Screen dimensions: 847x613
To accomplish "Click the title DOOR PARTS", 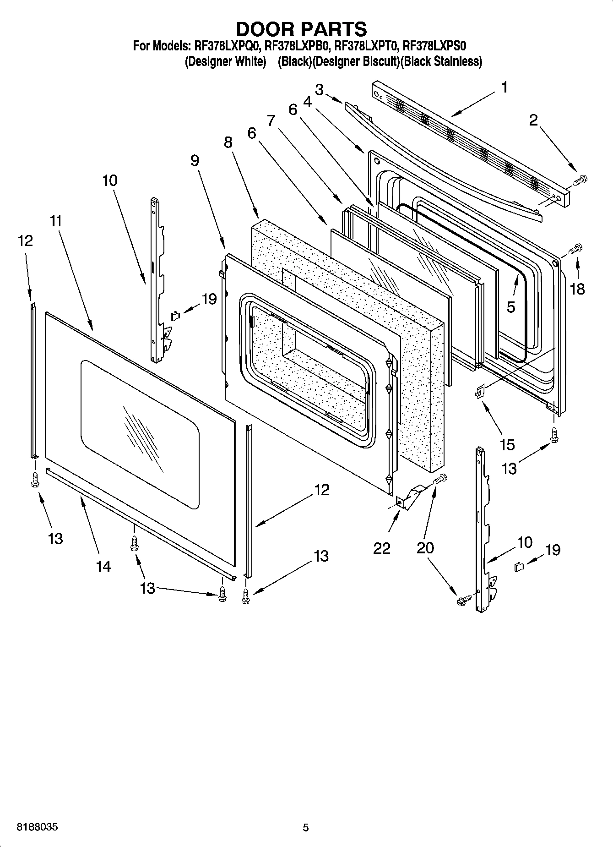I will [x=301, y=29].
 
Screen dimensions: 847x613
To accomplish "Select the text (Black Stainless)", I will [x=441, y=61].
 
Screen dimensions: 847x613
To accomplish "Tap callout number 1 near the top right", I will [x=504, y=87].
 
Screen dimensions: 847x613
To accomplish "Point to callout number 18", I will [x=578, y=289].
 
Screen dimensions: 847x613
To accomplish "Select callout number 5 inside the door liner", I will [x=511, y=307].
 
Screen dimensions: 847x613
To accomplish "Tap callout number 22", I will [x=381, y=548].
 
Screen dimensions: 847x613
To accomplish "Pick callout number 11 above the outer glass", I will [x=55, y=221].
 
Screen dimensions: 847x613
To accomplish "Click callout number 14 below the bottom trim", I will [x=103, y=566].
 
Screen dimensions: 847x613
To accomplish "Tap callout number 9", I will [x=195, y=160].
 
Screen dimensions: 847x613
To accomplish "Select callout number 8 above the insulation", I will [x=228, y=142].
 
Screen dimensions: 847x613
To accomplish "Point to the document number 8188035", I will [x=37, y=827].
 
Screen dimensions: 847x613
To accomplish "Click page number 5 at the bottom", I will [x=306, y=827].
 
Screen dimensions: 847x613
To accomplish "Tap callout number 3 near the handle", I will [x=319, y=89].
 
